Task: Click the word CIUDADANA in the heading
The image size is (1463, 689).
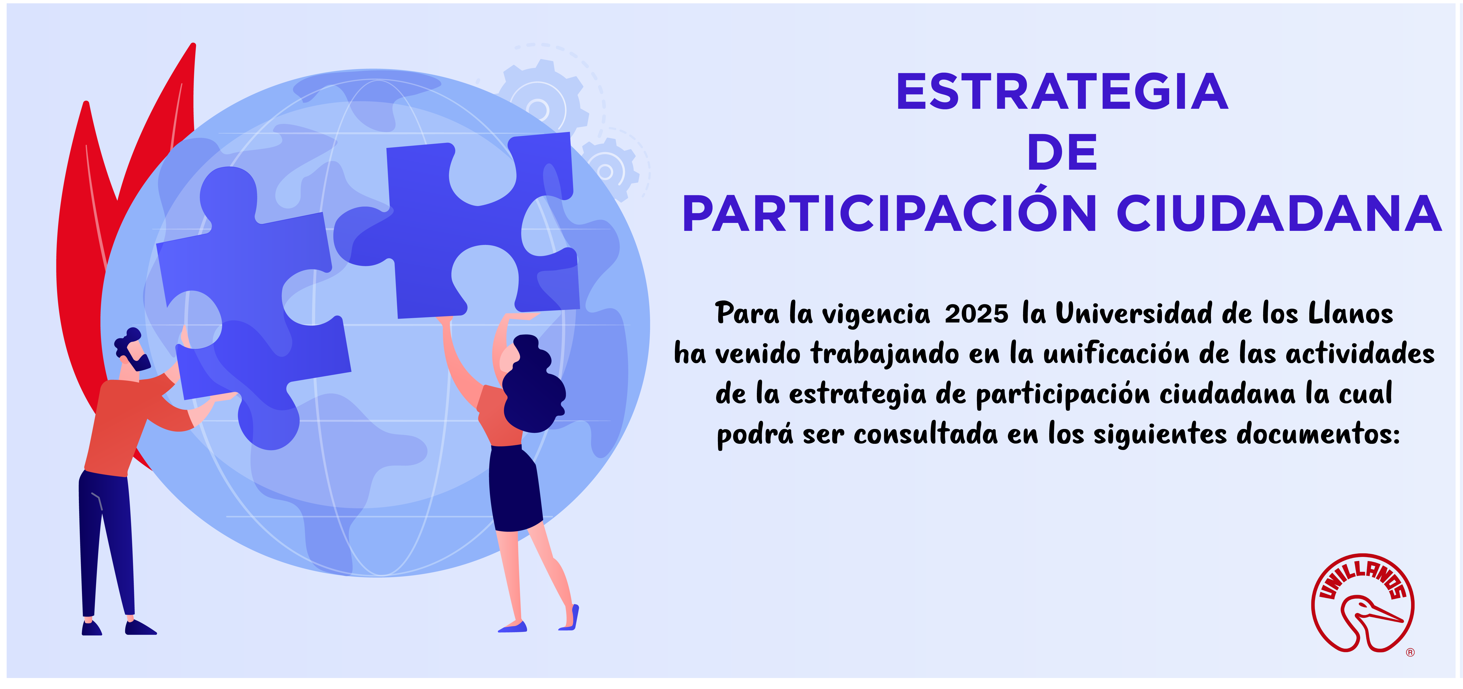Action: [1279, 213]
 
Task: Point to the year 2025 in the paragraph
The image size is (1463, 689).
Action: [976, 314]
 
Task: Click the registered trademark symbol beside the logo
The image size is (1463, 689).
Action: [1410, 653]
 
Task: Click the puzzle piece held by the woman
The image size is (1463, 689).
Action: [460, 227]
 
